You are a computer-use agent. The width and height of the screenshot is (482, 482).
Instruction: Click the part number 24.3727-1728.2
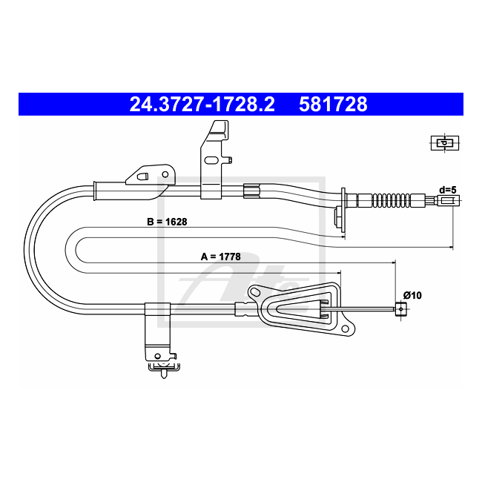click(x=202, y=105)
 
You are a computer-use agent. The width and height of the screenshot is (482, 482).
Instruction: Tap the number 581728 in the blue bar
click(x=333, y=105)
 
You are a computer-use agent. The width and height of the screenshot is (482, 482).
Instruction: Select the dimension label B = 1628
click(x=167, y=222)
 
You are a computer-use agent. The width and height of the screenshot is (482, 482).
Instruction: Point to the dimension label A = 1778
click(x=221, y=257)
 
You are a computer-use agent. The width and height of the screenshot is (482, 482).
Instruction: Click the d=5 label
click(x=448, y=190)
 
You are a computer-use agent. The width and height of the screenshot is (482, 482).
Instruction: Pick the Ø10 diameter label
click(x=412, y=295)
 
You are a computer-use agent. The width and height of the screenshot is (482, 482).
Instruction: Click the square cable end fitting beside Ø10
click(x=400, y=309)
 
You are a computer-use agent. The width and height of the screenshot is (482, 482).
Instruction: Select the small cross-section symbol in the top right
click(x=445, y=143)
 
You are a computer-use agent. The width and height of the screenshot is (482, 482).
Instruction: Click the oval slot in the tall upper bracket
click(x=211, y=160)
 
